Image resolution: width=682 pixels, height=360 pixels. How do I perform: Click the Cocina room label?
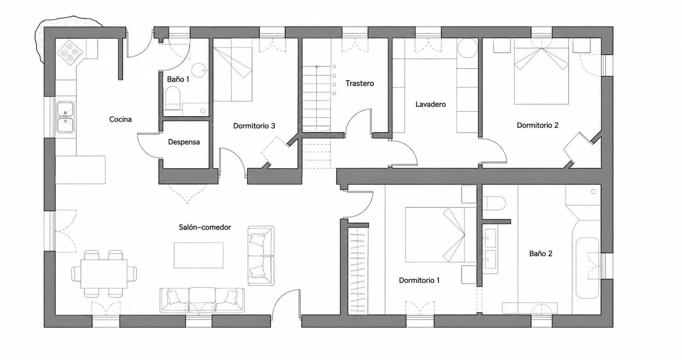point(120,119)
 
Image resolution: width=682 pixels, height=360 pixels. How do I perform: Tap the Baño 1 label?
point(178,79)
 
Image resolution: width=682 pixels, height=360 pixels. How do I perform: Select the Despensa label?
point(184,142)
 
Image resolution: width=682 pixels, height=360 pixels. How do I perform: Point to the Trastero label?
point(360,84)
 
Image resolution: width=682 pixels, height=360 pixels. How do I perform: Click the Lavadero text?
point(431,105)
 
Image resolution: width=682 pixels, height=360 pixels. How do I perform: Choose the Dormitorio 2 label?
point(538,125)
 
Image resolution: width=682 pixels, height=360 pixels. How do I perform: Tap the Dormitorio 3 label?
point(254,126)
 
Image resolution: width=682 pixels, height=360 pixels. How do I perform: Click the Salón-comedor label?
point(205,227)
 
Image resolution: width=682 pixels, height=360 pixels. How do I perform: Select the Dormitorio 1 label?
point(419,280)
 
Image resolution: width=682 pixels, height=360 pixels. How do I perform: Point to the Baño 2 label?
point(541,254)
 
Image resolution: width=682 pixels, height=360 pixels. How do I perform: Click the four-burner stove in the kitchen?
point(70,52)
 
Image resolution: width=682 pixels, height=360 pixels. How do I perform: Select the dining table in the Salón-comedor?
point(104,273)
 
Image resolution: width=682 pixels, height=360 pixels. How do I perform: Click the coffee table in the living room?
point(199,255)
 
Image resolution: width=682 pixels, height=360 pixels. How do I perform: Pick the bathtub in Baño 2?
point(587,268)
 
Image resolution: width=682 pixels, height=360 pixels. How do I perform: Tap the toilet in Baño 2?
point(494,203)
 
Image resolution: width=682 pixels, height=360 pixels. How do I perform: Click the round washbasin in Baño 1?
point(199,70)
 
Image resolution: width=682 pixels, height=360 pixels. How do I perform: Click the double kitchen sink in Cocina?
point(66,117)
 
